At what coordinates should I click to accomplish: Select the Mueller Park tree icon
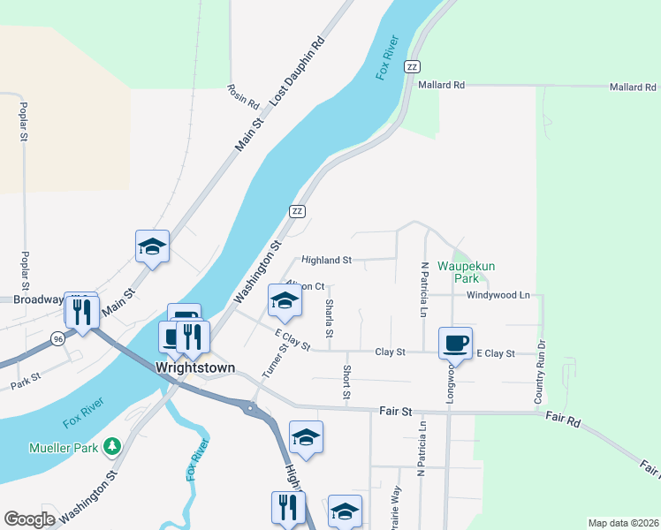tap(111, 447)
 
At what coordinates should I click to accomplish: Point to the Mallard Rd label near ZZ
tap(443, 86)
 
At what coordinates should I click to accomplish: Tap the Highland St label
tap(326, 261)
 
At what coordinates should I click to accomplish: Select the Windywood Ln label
tap(498, 295)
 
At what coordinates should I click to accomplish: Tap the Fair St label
tap(395, 411)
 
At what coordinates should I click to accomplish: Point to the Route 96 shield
tap(57, 338)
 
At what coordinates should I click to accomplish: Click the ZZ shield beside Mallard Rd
tap(411, 67)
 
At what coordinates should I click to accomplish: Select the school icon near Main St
tap(151, 247)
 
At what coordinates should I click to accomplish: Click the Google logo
tap(29, 519)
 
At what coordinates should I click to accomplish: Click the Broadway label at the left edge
tap(32, 299)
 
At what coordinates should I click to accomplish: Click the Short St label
tap(346, 381)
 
